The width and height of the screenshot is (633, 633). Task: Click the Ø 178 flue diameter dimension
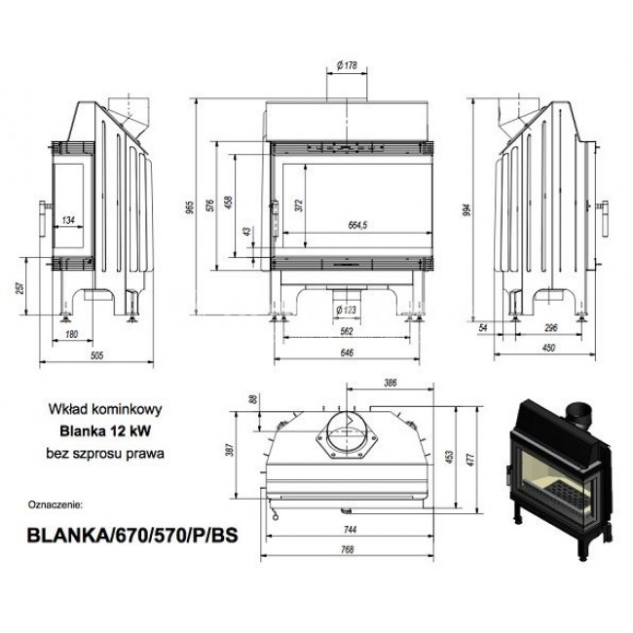click(x=347, y=65)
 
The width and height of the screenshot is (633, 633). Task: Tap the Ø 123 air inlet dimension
click(x=347, y=310)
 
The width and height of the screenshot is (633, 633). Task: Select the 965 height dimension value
click(x=191, y=207)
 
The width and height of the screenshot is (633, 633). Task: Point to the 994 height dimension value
click(x=467, y=210)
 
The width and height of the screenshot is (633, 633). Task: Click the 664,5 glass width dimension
click(x=357, y=225)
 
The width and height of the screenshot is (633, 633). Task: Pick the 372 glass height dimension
click(x=299, y=205)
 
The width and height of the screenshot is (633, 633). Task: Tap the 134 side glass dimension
click(x=68, y=220)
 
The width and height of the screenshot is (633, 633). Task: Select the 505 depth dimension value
click(x=97, y=355)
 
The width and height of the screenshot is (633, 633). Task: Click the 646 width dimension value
click(x=347, y=353)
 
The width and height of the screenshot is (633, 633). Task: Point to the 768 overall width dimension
click(x=348, y=549)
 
